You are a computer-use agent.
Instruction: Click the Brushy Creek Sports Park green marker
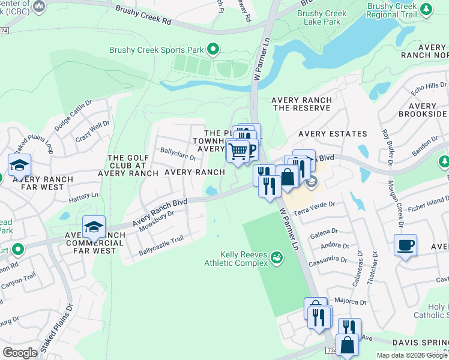[x=212, y=49]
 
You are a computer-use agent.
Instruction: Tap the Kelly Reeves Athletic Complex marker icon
[x=277, y=257]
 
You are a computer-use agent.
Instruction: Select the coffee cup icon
[x=406, y=245]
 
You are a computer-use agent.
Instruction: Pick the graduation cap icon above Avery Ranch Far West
[x=19, y=165]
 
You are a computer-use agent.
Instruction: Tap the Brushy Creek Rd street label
[x=143, y=14]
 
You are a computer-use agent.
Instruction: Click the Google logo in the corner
[x=20, y=353]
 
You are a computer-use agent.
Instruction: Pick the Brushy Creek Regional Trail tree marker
[x=426, y=9]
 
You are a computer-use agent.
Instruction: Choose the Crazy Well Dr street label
[x=92, y=131]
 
